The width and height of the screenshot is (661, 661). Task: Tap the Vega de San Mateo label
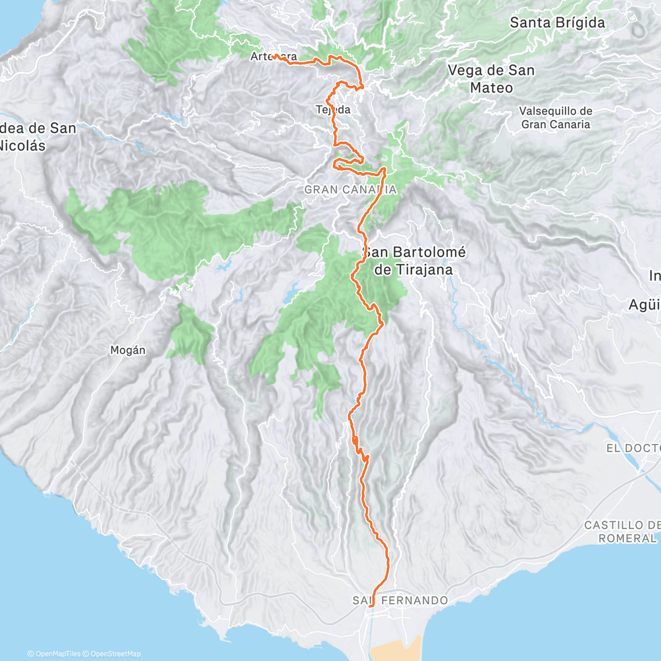(x=491, y=79)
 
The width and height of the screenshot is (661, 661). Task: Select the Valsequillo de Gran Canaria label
(x=555, y=117)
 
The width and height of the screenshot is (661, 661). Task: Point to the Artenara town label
(x=273, y=56)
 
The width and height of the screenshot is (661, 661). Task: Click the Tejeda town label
(x=333, y=110)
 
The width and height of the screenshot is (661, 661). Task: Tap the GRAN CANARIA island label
(x=350, y=189)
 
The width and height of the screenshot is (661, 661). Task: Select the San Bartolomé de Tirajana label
(x=414, y=261)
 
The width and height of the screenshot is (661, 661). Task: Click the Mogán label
(x=128, y=350)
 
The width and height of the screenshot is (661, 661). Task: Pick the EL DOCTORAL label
(x=633, y=448)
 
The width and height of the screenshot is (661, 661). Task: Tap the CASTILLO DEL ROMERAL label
(x=622, y=532)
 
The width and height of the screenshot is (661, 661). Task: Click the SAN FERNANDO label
(x=400, y=600)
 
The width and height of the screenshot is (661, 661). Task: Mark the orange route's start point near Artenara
(x=273, y=56)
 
